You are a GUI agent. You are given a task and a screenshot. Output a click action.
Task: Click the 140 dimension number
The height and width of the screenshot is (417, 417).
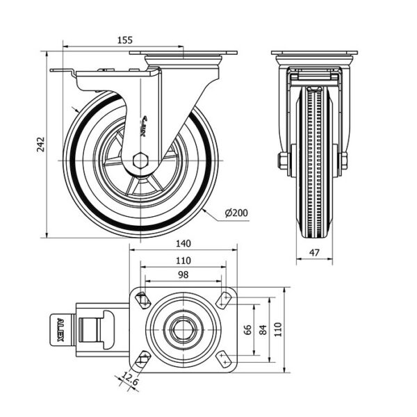pos(183,244)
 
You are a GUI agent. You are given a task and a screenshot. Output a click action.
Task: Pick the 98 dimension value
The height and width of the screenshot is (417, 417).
pos(183,277)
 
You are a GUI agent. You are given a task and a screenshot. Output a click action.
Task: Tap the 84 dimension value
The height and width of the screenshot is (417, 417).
pos(263,329)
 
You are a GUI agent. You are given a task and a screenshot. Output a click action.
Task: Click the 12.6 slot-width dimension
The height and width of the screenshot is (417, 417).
pos(129,380)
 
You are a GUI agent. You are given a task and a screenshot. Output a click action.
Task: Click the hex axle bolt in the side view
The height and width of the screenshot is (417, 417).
pos(140,160)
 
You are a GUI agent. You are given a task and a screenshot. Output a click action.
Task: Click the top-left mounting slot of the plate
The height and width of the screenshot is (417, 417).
pos(144,301)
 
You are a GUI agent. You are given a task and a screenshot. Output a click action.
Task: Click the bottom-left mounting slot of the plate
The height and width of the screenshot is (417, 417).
pos(144,359)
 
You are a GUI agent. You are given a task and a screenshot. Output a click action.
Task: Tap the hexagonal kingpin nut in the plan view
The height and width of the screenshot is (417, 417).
pos(183,329)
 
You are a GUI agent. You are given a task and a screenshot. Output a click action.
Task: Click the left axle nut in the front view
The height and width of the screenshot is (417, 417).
pos(284,161)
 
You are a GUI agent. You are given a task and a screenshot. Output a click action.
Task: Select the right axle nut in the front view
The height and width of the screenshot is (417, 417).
pos(343,161)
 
